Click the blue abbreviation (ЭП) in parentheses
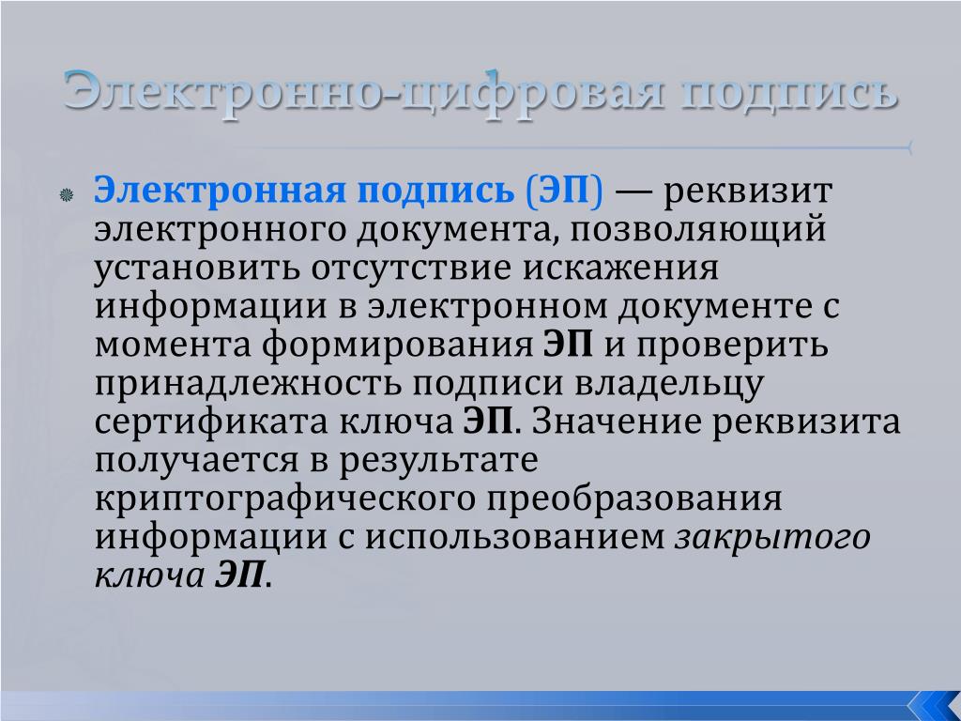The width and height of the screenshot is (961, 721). pos(564,191)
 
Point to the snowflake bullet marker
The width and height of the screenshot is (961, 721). pos(67,195)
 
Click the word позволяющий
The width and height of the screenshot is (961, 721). pos(698,229)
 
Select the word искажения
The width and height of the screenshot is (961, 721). pos(620,268)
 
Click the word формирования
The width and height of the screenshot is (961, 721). pos(398,345)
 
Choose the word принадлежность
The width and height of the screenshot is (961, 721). pos(248,384)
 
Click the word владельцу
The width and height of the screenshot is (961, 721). pos(669,384)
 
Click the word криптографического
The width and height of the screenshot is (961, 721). pos(285,499)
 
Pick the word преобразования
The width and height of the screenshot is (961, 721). pos(635,499)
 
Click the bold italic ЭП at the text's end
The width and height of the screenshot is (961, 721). pos(239,575)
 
